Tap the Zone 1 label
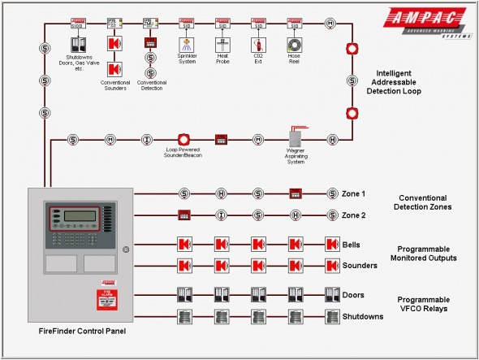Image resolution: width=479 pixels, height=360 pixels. (x=353, y=194)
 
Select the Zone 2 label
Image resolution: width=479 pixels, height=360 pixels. (x=353, y=215)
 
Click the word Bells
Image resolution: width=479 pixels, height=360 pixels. (x=352, y=245)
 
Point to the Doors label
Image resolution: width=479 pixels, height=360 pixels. (x=352, y=296)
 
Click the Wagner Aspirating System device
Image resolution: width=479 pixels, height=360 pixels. (x=295, y=138)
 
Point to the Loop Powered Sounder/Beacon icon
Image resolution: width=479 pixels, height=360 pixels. (x=183, y=140)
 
